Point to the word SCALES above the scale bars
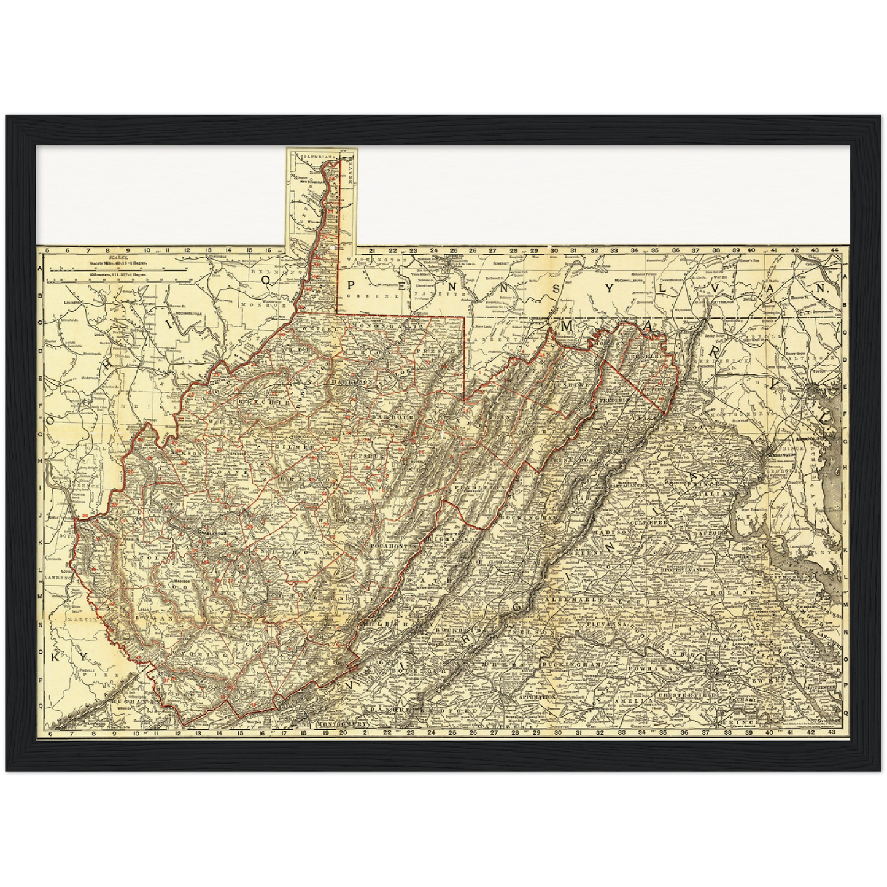(116, 258)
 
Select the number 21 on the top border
(372, 251)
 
